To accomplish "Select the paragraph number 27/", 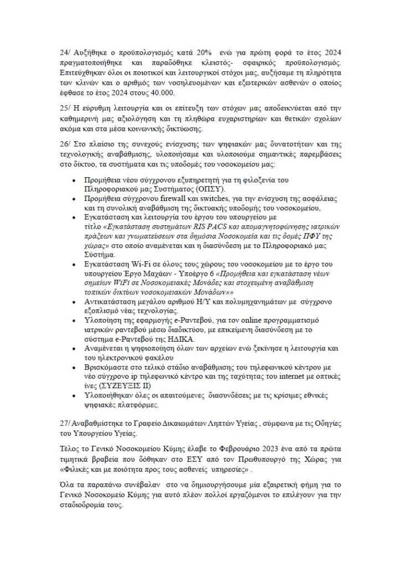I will tap(66, 422).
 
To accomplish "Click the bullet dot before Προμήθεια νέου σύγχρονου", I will tap(75, 181).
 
